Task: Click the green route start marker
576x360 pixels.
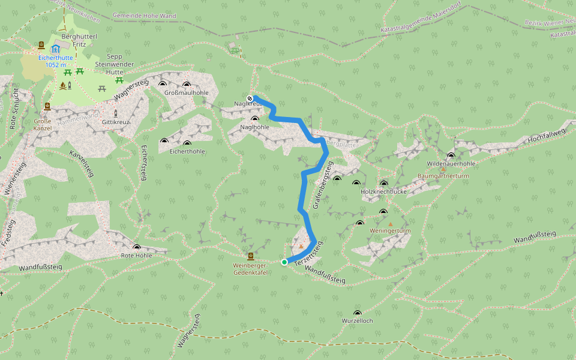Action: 284,262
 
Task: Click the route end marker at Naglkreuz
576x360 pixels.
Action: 250,98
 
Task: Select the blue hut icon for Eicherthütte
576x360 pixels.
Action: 56,48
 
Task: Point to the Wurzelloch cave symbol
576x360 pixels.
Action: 358,313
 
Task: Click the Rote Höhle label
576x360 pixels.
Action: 137,255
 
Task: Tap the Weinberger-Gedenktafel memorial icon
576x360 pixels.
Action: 251,257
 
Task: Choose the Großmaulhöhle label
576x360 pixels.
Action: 186,93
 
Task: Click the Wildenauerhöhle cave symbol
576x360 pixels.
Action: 451,156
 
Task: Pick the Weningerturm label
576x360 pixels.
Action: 390,230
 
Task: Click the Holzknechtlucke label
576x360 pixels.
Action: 384,191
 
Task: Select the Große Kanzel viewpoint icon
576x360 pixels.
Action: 47,107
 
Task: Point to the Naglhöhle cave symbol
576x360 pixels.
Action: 255,119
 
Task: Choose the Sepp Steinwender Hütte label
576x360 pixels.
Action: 110,64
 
